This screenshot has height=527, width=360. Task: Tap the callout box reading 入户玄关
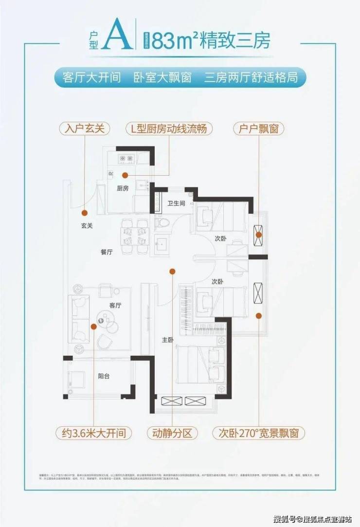tap(85, 128)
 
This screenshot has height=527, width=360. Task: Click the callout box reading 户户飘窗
tap(259, 128)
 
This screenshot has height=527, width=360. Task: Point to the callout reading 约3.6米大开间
tap(93, 432)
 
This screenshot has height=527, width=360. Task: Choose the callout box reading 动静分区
tap(172, 432)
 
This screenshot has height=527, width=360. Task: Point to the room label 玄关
tap(87, 226)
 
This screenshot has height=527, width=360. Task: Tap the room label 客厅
tap(115, 305)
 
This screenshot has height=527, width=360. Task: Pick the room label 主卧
tap(167, 340)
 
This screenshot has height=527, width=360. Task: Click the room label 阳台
tap(104, 375)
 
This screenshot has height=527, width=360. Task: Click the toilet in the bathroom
tap(162, 223)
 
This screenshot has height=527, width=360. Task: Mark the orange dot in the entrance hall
tap(85, 212)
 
